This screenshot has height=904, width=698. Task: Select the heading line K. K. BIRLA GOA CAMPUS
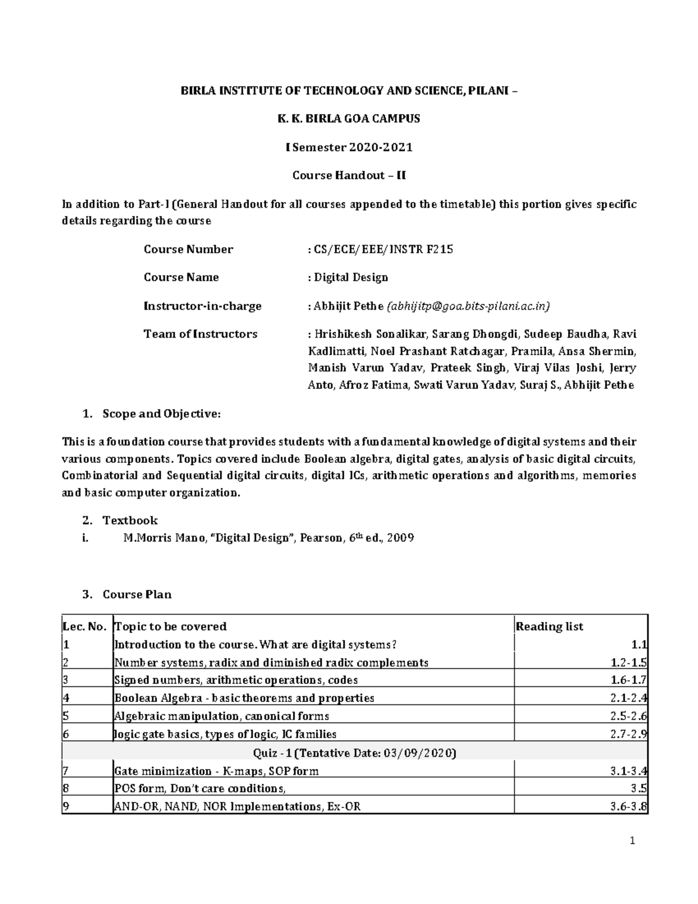coord(349,119)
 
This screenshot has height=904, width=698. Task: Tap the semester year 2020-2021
coord(380,147)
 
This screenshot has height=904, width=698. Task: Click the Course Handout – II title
coord(349,175)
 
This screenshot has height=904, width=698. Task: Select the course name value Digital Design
coord(351,278)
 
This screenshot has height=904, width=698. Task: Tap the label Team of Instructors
coord(200,334)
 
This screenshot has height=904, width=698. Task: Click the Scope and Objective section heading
coord(161,414)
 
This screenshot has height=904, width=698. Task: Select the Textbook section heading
coord(130,520)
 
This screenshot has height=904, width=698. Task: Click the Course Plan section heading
coord(137,595)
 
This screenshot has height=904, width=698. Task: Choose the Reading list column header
coord(550,627)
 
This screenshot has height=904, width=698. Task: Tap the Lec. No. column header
coord(84,627)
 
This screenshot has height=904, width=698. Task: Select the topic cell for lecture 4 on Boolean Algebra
coord(244,699)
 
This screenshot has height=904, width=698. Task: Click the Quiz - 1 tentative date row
coord(355,753)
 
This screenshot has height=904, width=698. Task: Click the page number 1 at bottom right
coord(632,841)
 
